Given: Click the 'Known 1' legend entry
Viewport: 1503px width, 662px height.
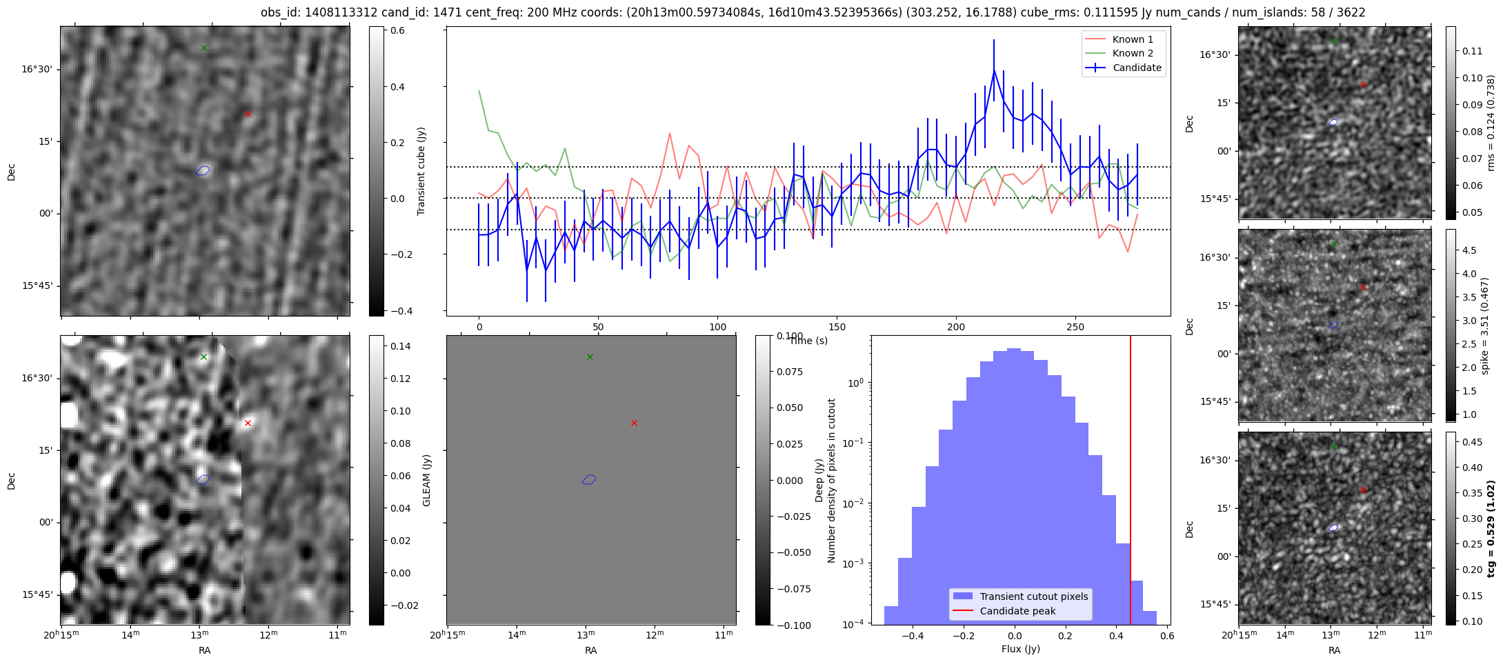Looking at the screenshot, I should click(x=1133, y=39).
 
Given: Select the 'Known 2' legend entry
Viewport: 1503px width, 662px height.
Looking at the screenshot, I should click(x=1133, y=53).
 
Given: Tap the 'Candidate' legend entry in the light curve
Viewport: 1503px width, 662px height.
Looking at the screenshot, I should click(x=1137, y=68).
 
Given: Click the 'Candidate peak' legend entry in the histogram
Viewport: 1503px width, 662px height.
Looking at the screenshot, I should click(x=1017, y=611).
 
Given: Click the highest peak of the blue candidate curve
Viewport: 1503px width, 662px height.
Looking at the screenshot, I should click(x=994, y=70).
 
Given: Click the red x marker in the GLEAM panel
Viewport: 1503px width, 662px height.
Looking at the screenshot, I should click(x=634, y=423).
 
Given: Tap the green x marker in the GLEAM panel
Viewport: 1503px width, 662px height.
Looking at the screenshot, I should click(x=590, y=357).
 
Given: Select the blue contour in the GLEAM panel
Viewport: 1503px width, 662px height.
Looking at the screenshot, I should click(x=588, y=479).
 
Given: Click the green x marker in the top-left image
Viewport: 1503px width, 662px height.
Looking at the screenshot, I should click(x=203, y=48).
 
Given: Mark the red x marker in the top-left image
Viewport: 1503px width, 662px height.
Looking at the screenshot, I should click(x=248, y=114).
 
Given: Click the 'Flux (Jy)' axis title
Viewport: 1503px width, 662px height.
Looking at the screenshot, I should click(x=1020, y=649).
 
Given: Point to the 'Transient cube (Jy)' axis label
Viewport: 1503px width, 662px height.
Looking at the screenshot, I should click(x=421, y=171).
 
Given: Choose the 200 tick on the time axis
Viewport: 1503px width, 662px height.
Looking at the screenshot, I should click(x=956, y=327).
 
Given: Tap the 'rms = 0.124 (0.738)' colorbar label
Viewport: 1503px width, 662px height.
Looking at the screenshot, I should click(x=1490, y=123).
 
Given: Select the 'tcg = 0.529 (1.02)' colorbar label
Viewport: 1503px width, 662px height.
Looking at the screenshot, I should click(x=1490, y=528).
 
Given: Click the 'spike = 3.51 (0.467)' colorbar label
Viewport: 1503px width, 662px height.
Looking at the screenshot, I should click(x=1484, y=325).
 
